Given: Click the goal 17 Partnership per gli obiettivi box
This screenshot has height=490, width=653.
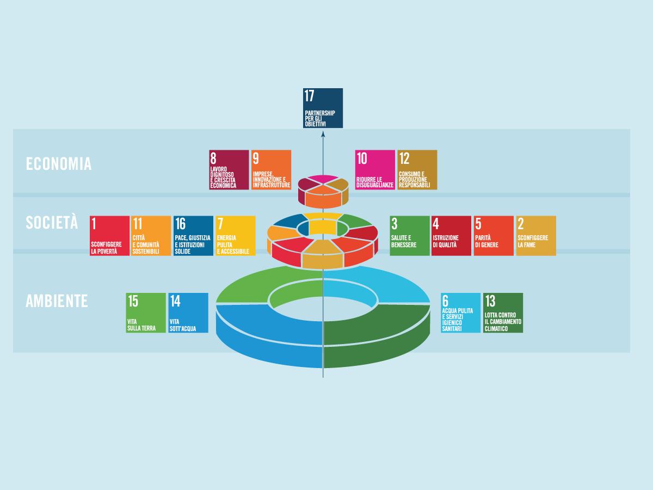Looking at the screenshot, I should (323, 108).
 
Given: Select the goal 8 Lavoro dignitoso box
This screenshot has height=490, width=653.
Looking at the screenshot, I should (229, 170).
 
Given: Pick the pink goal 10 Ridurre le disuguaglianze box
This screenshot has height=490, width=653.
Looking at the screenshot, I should (375, 170).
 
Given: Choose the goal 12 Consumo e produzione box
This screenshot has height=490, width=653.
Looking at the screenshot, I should (417, 170).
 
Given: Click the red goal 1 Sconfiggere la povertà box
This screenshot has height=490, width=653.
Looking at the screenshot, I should (109, 236).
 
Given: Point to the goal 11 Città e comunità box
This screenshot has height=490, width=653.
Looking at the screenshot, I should (151, 236).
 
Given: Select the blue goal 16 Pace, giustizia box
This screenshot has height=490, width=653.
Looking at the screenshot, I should (193, 236).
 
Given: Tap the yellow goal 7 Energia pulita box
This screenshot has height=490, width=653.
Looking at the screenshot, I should (236, 236).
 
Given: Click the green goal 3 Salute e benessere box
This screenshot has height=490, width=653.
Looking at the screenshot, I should (410, 236).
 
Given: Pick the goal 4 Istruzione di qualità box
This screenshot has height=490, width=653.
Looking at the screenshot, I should (452, 236).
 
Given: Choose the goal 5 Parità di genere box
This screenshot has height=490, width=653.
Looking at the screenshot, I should (494, 236).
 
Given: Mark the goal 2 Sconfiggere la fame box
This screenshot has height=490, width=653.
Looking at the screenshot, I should (536, 236).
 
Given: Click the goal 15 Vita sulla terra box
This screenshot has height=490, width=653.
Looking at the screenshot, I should (146, 313).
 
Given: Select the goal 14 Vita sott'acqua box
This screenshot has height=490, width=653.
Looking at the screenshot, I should (188, 313).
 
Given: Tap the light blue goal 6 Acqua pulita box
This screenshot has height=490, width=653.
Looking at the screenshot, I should (461, 313).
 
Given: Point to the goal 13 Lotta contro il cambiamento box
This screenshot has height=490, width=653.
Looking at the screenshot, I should (503, 313).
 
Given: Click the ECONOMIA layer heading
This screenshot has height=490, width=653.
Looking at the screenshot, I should (59, 164).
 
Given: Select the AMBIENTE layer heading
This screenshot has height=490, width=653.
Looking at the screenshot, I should (57, 301).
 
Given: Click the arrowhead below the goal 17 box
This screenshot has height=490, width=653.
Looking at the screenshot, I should (323, 133).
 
